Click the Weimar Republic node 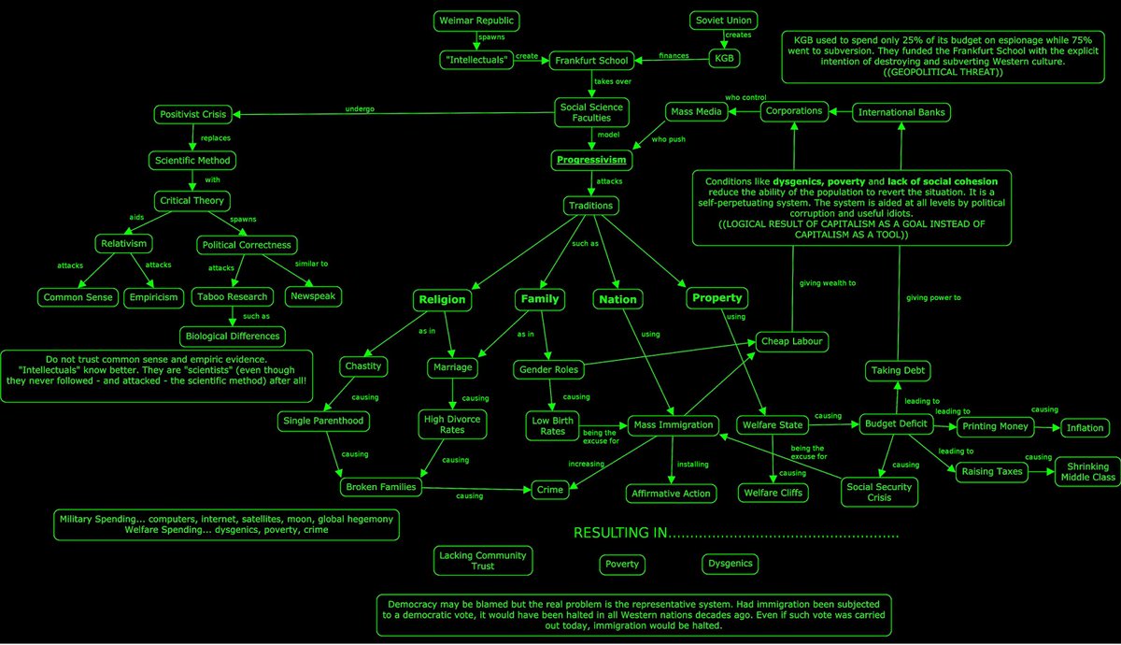[x=476, y=21]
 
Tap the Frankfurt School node [x=590, y=60]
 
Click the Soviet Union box [x=724, y=21]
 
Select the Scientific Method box [x=192, y=160]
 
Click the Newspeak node [x=313, y=297]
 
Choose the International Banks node [x=901, y=112]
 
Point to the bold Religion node [x=442, y=300]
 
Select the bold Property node [x=717, y=298]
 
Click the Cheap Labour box [x=790, y=341]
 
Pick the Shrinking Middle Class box [x=1087, y=471]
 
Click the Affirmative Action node [x=671, y=493]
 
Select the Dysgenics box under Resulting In [x=730, y=564]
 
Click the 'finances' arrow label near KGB [x=673, y=55]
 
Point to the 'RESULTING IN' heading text [x=621, y=534]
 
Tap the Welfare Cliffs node [x=773, y=493]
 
